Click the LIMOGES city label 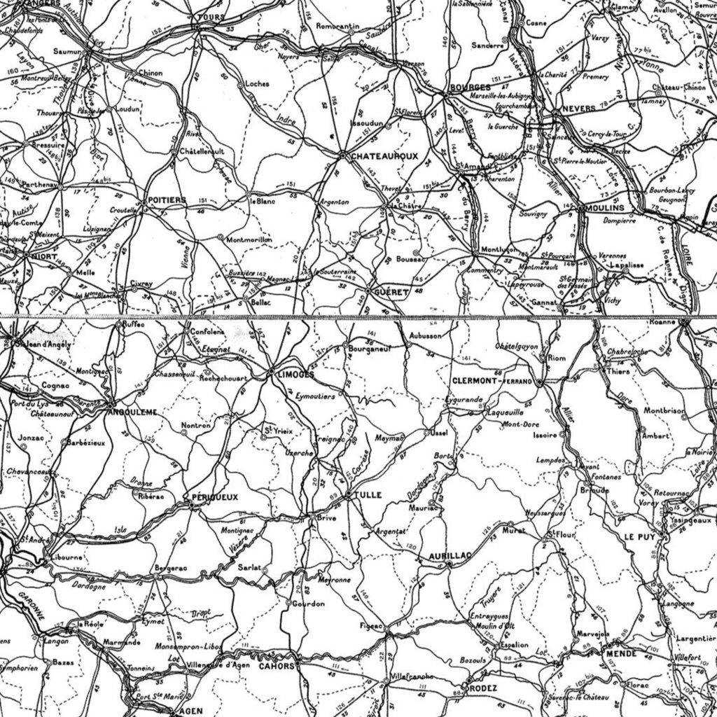pyautogui.click(x=295, y=375)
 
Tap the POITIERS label pyautogui.click(x=167, y=200)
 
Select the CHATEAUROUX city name pyautogui.click(x=384, y=155)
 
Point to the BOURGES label pyautogui.click(x=466, y=88)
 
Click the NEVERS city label pyautogui.click(x=578, y=109)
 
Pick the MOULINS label pyautogui.click(x=606, y=208)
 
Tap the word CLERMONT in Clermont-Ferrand pyautogui.click(x=475, y=381)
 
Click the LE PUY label pyautogui.click(x=639, y=537)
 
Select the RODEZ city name pyautogui.click(x=483, y=688)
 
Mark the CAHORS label pyautogui.click(x=277, y=666)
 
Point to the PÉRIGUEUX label pyautogui.click(x=214, y=497)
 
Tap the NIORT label pyautogui.click(x=44, y=256)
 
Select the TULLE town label pyautogui.click(x=368, y=495)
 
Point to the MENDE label pyautogui.click(x=621, y=653)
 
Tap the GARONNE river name pyautogui.click(x=30, y=604)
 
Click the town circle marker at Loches pyautogui.click(x=242, y=83)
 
